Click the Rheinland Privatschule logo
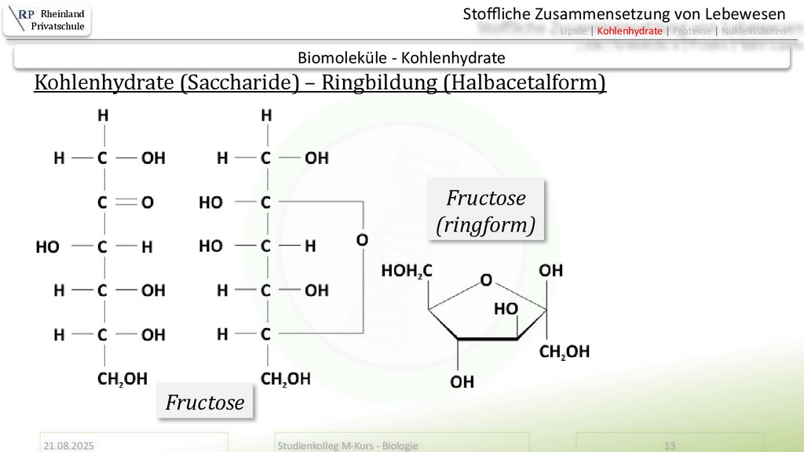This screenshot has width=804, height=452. coord(47,20)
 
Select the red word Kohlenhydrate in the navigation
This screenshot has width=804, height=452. coord(630,31)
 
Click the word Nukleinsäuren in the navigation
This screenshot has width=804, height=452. coord(753,31)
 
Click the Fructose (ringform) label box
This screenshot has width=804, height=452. coord(486,212)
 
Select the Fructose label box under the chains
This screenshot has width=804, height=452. coord(205,403)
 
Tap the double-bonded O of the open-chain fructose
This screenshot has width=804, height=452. coord(148,202)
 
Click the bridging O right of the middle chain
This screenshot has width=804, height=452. coord(362,239)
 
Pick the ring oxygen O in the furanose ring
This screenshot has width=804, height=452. coord(487,279)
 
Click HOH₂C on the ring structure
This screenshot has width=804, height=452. coord(406,272)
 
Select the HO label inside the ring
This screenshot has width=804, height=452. coord(505,309)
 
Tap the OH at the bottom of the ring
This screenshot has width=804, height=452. coord(462,382)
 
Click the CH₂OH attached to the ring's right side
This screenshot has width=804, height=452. coord(564,352)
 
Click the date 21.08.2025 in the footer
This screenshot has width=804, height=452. coord(69,446)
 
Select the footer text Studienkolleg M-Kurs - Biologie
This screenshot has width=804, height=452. coord(348,446)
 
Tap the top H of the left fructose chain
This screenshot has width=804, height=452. coord(102,115)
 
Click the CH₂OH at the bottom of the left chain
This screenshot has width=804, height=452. coord(122,380)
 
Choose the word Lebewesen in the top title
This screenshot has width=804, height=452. coord(746,13)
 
